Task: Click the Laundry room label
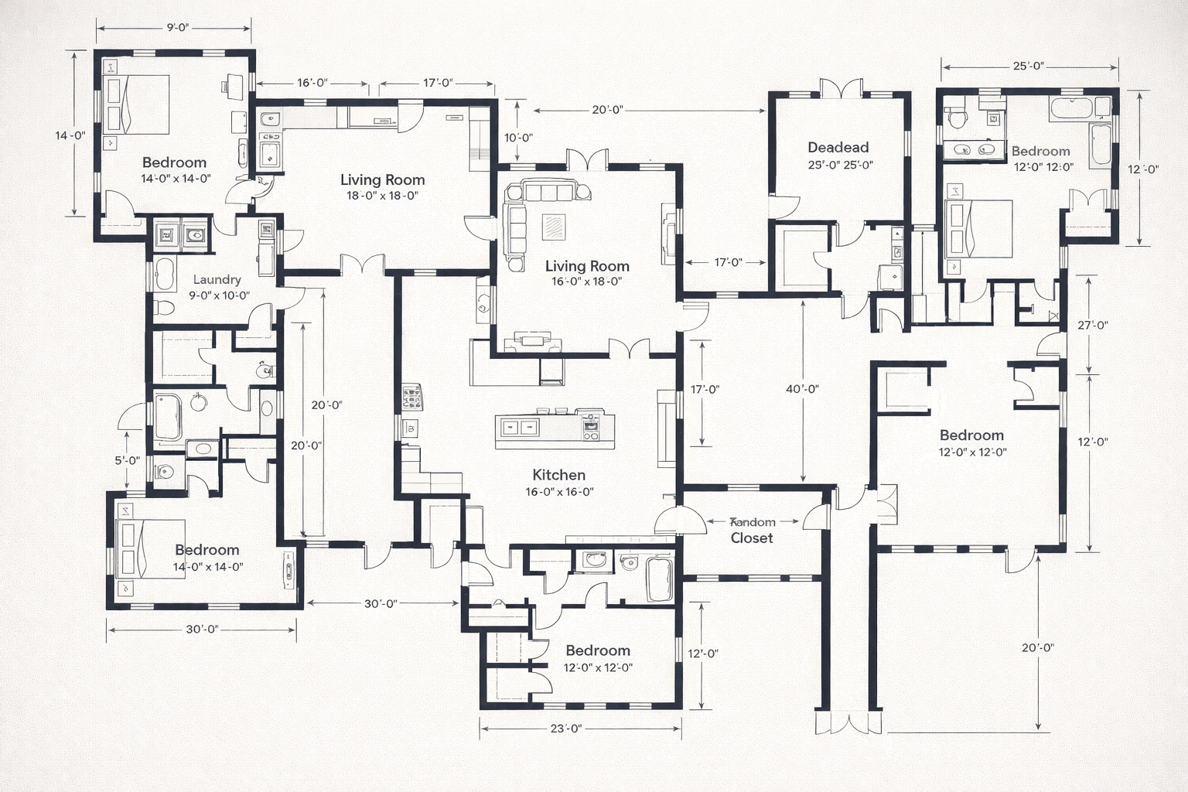pos(217,279)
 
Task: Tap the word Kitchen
pos(558,475)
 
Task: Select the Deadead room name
pos(838,147)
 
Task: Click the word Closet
pos(752,538)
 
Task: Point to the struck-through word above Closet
pos(753,522)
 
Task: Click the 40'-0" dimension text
pos(802,389)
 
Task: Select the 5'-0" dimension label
pos(127,460)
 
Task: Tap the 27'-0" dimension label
pos(1092,325)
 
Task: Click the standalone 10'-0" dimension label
pos(518,138)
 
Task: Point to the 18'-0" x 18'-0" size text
pos(382,196)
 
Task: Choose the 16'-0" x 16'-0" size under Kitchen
pos(559,492)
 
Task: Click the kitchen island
pos(555,430)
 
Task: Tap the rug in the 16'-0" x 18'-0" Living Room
pos(554,226)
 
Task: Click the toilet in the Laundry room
pos(163,307)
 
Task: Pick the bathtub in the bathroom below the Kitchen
pos(660,578)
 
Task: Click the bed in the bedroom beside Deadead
pos(978,229)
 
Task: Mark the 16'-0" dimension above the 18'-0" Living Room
pos(312,83)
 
